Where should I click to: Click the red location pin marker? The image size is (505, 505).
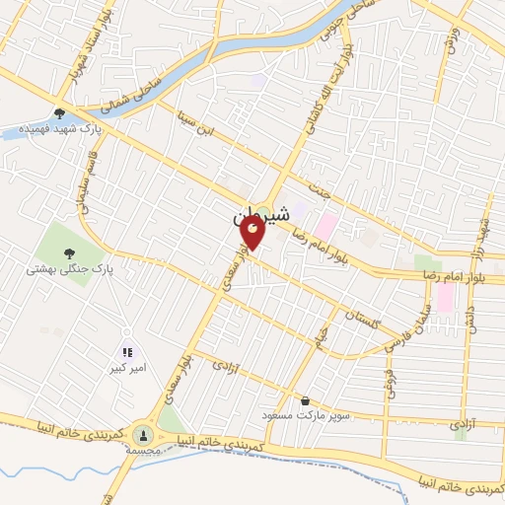click(252, 234)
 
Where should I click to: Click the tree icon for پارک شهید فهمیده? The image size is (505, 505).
click(61, 114)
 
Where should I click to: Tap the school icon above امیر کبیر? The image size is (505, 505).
click(126, 351)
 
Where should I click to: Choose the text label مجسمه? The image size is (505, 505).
click(144, 449)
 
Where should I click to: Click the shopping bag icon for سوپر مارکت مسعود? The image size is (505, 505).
click(305, 401)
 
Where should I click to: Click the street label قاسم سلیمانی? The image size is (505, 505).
click(85, 187)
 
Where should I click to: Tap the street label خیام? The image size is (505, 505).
click(322, 341)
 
